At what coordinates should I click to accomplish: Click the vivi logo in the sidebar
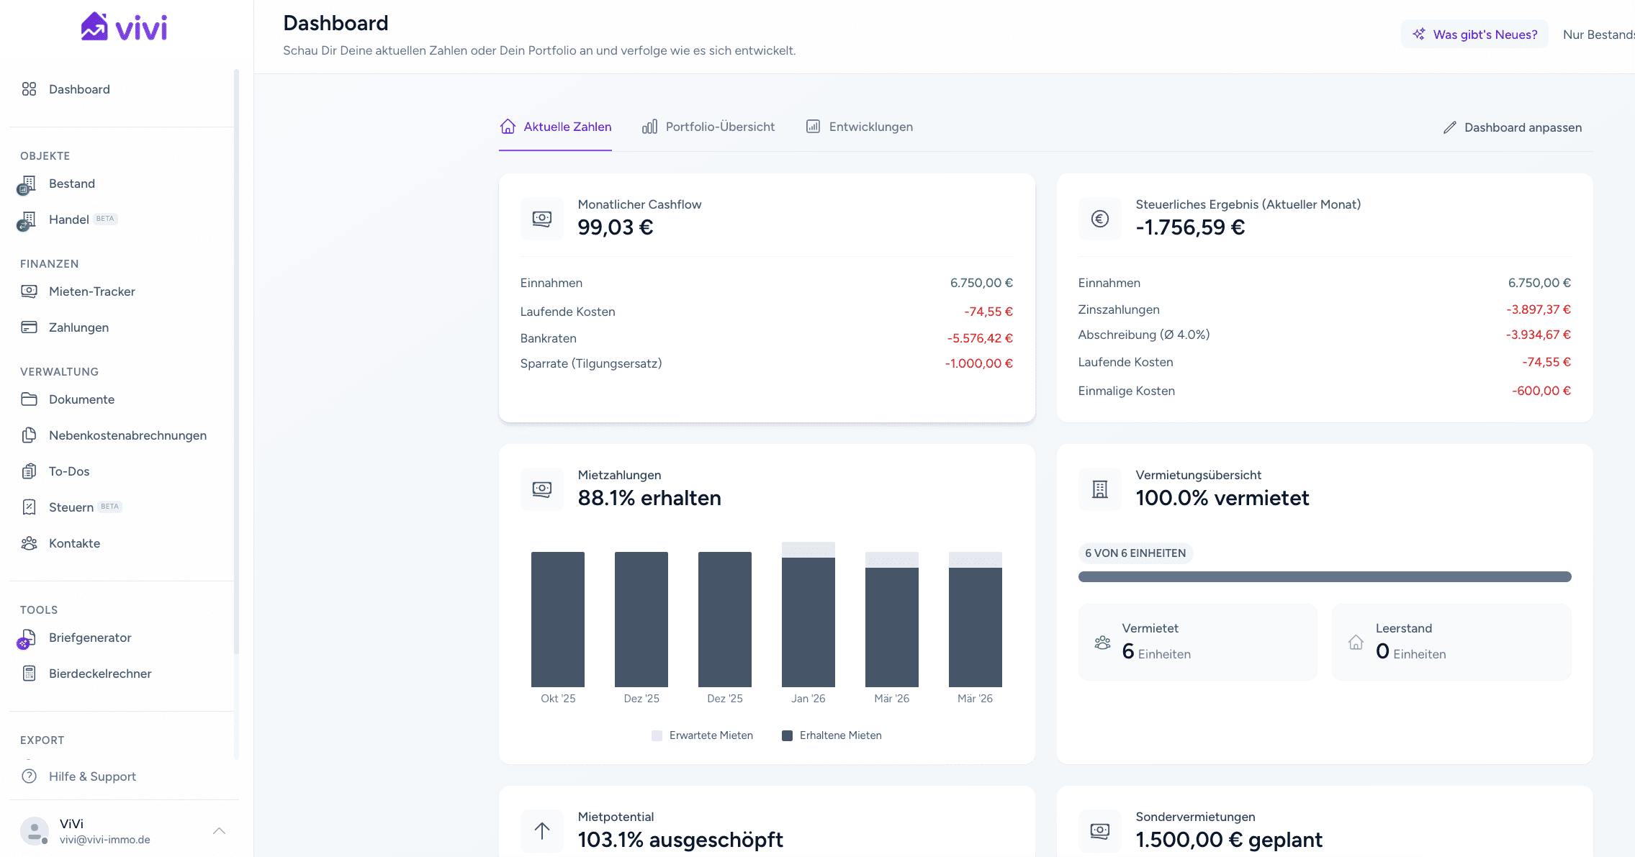coord(124,27)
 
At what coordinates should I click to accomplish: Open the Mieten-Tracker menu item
coord(91,291)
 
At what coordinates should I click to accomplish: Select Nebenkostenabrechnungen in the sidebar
coord(127,435)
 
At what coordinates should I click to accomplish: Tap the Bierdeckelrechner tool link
coord(100,674)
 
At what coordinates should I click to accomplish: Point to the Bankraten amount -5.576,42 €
coord(980,338)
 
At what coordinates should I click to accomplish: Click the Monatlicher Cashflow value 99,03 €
coord(616,227)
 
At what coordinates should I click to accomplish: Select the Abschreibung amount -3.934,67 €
coord(1538,335)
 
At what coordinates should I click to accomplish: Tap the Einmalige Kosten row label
coord(1126,391)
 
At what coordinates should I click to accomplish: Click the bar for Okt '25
coord(558,619)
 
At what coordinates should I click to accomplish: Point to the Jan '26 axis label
coord(808,699)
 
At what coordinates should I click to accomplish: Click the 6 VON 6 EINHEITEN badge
coord(1135,553)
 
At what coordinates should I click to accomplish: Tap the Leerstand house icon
coord(1356,643)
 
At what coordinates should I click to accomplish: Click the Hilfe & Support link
coord(92,776)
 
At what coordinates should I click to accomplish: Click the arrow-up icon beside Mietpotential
coord(542,831)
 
